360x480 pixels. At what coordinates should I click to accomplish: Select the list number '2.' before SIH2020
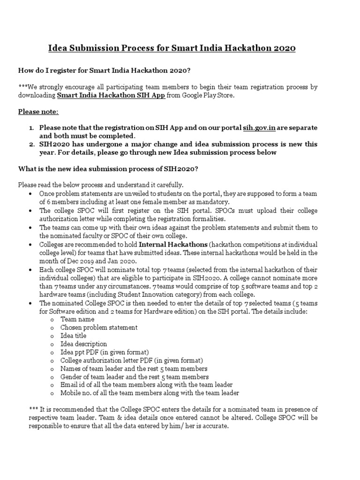(31, 144)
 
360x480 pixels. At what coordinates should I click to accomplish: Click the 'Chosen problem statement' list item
(99, 327)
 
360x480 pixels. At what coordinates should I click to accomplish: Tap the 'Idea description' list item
(84, 344)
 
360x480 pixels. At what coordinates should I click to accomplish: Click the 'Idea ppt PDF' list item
(105, 352)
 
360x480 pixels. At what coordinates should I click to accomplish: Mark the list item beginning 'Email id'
(146, 385)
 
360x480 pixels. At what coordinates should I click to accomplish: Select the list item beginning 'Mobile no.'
(150, 393)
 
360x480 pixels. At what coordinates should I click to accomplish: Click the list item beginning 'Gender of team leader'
(135, 377)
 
